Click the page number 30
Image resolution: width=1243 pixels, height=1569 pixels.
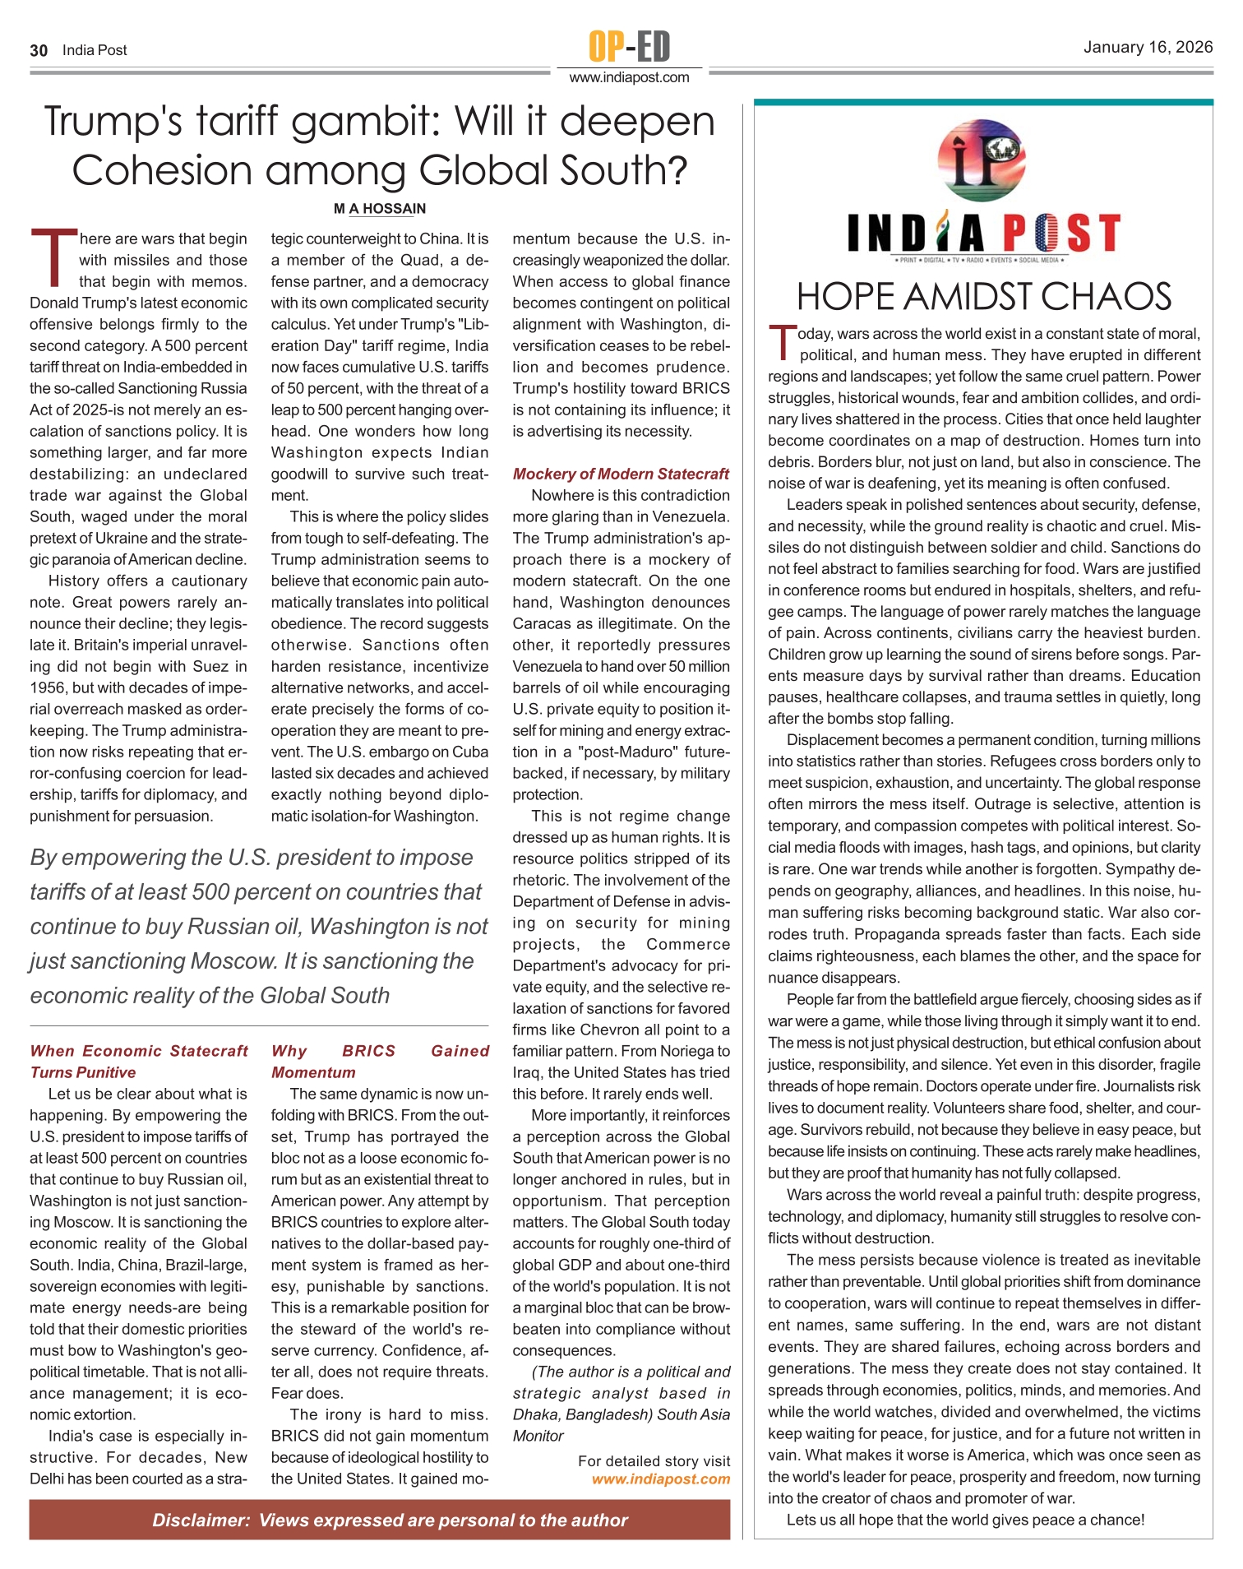39,50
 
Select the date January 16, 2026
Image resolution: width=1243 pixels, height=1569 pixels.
1148,47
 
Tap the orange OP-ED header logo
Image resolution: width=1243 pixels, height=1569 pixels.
629,46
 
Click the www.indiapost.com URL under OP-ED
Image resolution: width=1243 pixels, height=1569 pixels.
629,77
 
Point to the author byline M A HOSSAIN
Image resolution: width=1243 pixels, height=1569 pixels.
380,209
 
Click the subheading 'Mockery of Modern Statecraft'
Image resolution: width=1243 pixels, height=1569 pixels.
621,474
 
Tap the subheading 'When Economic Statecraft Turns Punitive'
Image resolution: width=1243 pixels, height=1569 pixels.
138,1062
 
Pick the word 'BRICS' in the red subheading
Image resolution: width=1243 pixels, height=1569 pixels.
369,1051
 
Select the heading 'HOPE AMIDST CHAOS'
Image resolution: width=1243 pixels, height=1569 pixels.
983,297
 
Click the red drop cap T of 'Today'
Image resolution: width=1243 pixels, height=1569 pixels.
782,343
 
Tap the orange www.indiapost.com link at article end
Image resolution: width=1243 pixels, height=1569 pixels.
661,1479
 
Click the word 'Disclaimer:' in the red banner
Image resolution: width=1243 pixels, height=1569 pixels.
201,1520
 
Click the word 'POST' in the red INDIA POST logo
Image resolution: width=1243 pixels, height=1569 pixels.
1061,234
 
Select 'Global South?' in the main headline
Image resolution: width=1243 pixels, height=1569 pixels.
552,170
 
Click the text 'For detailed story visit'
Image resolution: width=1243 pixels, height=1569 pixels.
654,1460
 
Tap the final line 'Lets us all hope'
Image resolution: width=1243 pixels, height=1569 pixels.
965,1520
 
